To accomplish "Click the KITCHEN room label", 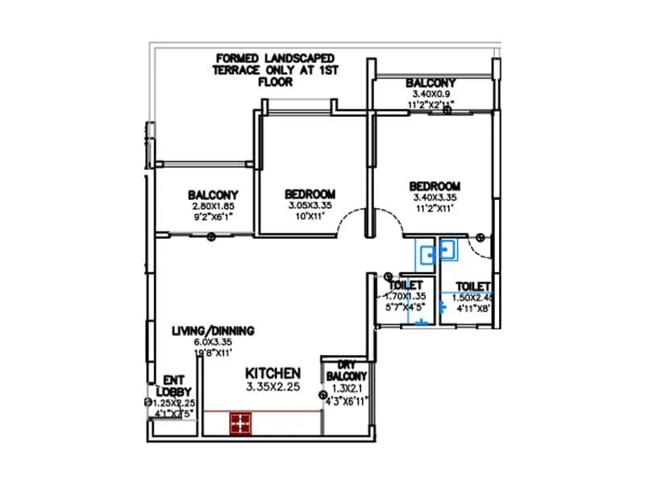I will tap(273, 373).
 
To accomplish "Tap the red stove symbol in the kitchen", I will tap(239, 422).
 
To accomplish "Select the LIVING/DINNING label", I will tap(214, 331).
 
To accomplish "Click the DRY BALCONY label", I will tap(347, 370).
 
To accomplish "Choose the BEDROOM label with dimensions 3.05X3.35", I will tap(310, 194).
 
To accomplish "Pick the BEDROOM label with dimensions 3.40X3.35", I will tap(435, 185).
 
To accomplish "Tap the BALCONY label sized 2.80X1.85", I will tap(213, 194).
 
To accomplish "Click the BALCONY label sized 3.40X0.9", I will tap(431, 83).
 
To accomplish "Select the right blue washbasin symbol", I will tap(447, 251).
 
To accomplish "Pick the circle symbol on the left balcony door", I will tap(211, 236).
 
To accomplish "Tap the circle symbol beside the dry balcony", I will tap(322, 396).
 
